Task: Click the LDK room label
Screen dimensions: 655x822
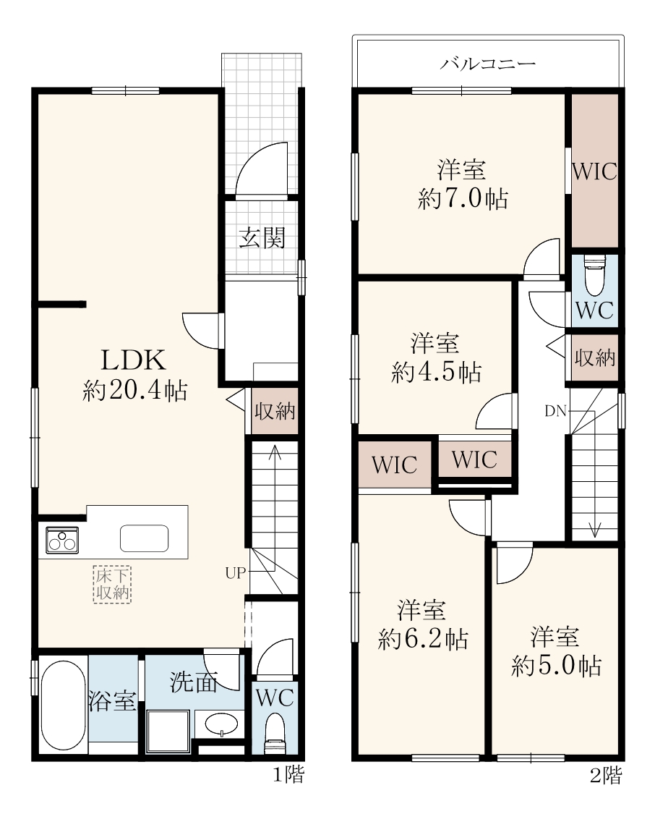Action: [x=134, y=360]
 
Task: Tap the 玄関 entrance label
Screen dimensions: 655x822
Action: [x=262, y=238]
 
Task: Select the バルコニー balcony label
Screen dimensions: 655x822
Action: [x=487, y=64]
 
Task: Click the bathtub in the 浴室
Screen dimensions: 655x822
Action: [x=63, y=705]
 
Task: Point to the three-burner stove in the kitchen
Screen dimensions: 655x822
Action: [x=62, y=540]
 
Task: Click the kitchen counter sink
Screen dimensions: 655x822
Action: [x=144, y=538]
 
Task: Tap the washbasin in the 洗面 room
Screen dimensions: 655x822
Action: [x=221, y=724]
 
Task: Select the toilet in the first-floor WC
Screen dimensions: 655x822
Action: [x=274, y=732]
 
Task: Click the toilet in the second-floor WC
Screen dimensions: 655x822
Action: [x=594, y=276]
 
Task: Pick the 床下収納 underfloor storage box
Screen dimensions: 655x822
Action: [x=112, y=584]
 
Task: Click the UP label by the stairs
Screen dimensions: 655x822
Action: [x=235, y=573]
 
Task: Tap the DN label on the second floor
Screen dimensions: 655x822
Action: [x=555, y=411]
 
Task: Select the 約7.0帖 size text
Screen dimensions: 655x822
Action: [x=463, y=199]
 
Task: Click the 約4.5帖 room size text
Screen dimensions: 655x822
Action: [x=436, y=372]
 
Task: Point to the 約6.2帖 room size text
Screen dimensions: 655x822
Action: [x=423, y=639]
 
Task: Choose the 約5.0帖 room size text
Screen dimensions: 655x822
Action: [x=556, y=666]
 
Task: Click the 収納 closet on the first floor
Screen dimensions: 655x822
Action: [x=274, y=412]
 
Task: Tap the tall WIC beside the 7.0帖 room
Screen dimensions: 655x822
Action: [x=594, y=171]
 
